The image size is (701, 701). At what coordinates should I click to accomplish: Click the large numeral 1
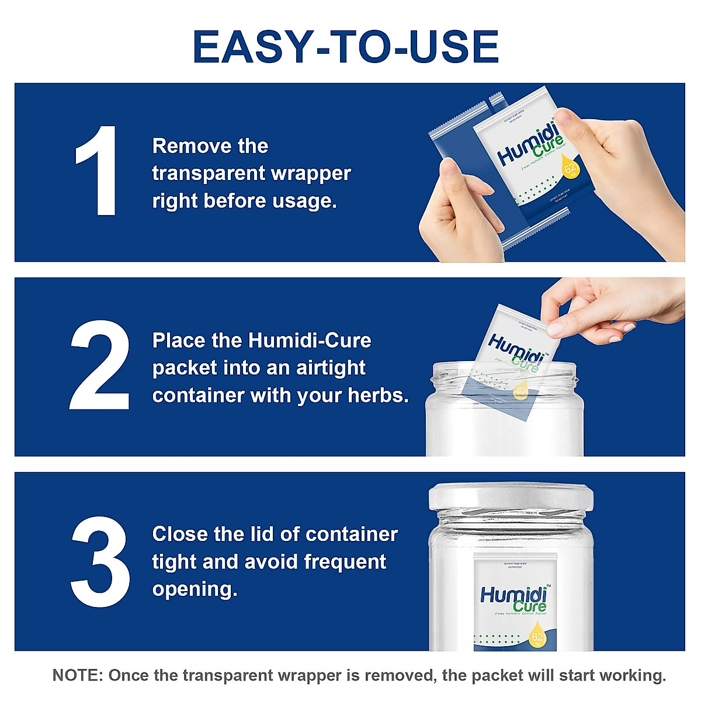coord(96,171)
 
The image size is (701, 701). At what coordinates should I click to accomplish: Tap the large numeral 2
coord(99,365)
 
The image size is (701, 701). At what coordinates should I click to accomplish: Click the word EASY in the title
coord(251,47)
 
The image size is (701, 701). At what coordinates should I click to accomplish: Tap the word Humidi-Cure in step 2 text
coord(310,340)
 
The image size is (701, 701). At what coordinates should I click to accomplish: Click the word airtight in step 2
coord(331,367)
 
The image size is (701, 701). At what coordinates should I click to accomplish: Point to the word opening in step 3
coord(194,589)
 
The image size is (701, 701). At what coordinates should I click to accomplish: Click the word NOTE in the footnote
coord(77,675)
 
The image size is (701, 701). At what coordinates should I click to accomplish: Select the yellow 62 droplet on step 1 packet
coord(570,166)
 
